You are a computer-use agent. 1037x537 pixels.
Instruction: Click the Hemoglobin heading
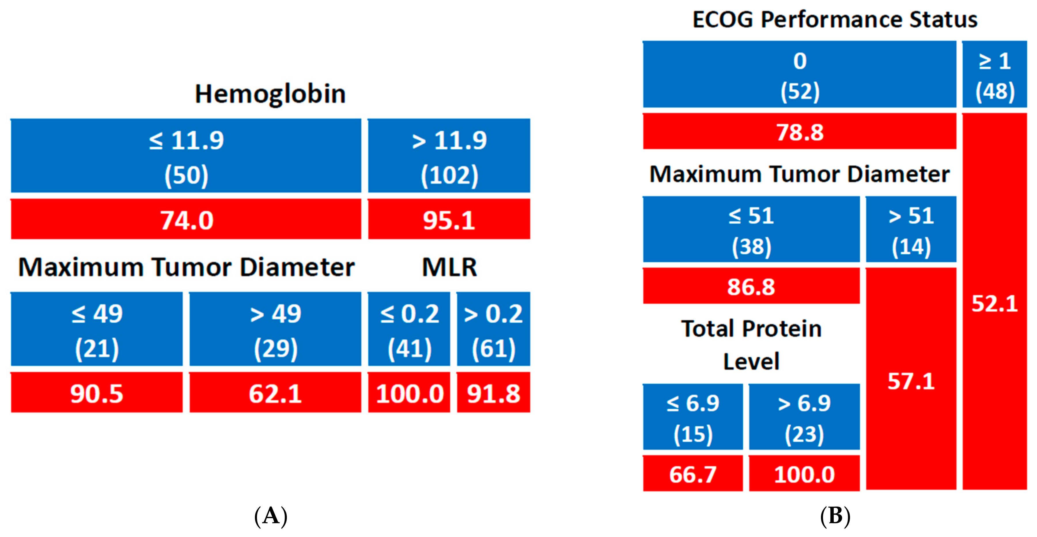tap(270, 94)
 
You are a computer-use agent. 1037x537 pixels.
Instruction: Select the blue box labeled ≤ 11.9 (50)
tap(186, 156)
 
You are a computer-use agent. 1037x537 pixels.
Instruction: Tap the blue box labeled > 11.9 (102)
tap(449, 156)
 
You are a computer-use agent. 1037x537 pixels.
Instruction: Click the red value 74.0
tap(186, 220)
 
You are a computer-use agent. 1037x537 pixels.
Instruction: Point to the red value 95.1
tap(449, 220)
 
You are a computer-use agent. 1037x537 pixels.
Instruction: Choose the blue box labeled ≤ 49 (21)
tap(96, 329)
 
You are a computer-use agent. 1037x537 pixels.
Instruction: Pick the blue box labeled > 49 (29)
tap(275, 329)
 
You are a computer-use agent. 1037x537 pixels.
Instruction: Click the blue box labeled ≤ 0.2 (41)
tap(409, 329)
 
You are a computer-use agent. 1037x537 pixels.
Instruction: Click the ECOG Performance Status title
tap(834, 19)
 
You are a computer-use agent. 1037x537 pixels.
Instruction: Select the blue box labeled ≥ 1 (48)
tap(994, 75)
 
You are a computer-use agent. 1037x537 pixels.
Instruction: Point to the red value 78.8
tap(799, 132)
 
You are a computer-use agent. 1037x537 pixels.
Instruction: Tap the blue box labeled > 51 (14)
tap(911, 229)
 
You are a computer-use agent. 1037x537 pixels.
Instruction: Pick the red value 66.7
tap(692, 474)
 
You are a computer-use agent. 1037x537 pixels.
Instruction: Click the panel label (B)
tap(835, 516)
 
